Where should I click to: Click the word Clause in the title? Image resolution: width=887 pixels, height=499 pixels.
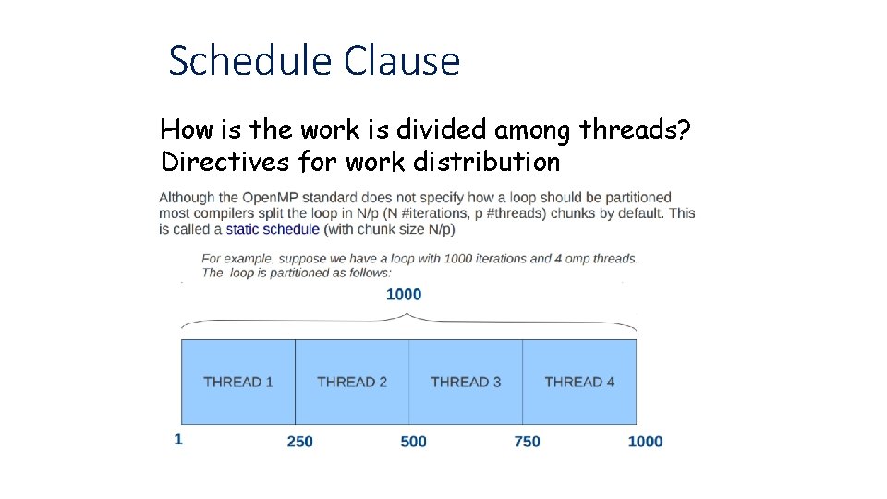click(401, 61)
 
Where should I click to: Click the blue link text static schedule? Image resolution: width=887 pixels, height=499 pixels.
click(273, 229)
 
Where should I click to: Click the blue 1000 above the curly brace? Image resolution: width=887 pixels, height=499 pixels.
click(403, 294)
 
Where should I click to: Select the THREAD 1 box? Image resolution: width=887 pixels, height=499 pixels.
click(238, 382)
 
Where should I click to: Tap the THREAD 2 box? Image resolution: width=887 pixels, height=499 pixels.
click(352, 382)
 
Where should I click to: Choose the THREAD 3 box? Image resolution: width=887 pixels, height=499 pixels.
click(466, 382)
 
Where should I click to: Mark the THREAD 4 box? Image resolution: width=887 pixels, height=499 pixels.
click(579, 382)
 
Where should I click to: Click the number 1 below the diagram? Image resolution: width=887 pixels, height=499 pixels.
click(178, 440)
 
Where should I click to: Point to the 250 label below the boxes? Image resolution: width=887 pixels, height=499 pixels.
click(299, 442)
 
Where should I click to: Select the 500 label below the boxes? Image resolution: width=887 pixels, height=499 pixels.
click(413, 442)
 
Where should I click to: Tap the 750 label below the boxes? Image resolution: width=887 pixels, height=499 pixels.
click(527, 442)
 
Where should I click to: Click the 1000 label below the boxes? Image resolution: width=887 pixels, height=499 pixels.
click(645, 442)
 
